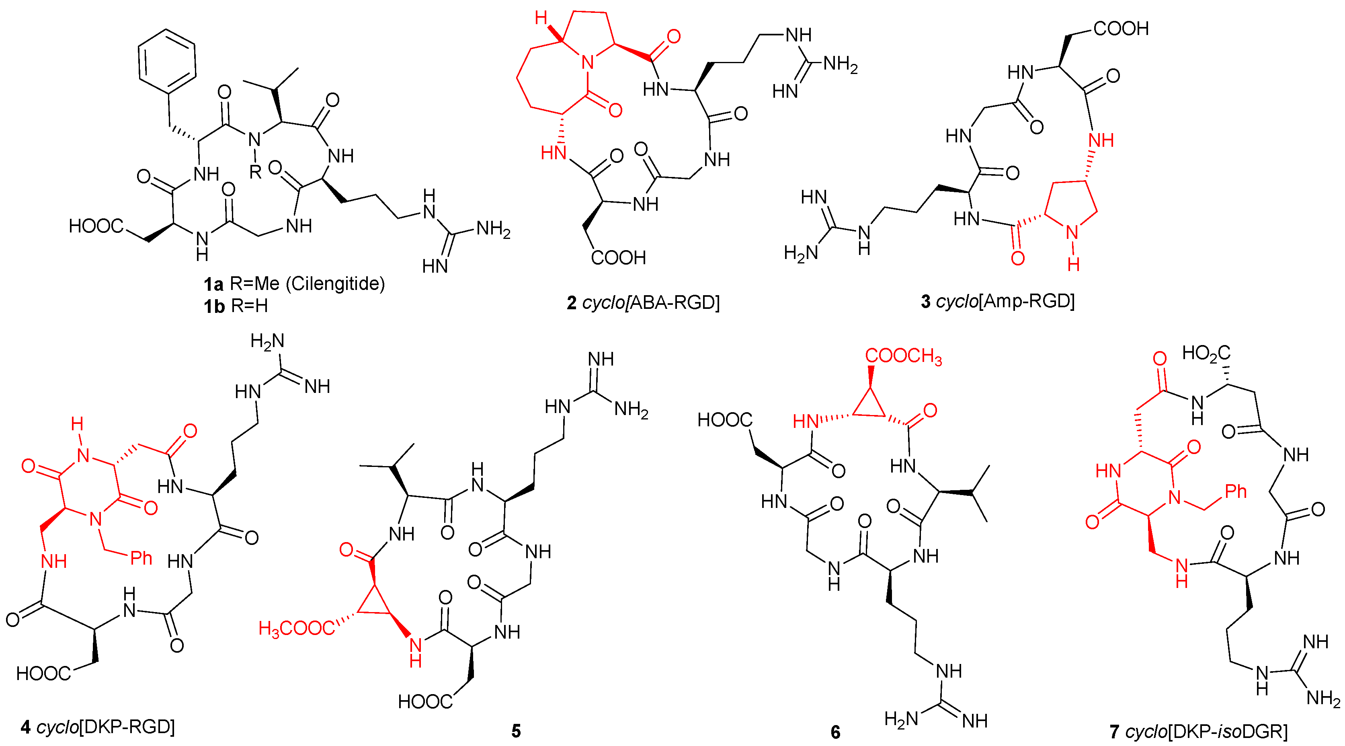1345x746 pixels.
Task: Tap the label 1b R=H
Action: coord(236,306)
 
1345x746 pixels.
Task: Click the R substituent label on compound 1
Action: coord(255,172)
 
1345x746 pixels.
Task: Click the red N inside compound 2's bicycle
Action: coord(588,63)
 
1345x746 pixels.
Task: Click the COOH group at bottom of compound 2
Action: coord(618,257)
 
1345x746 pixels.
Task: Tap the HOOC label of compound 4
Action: coord(43,673)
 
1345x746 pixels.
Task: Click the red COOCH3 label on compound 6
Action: coord(903,356)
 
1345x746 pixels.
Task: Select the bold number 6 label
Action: coord(835,732)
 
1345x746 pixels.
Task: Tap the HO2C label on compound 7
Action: coord(1206,353)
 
